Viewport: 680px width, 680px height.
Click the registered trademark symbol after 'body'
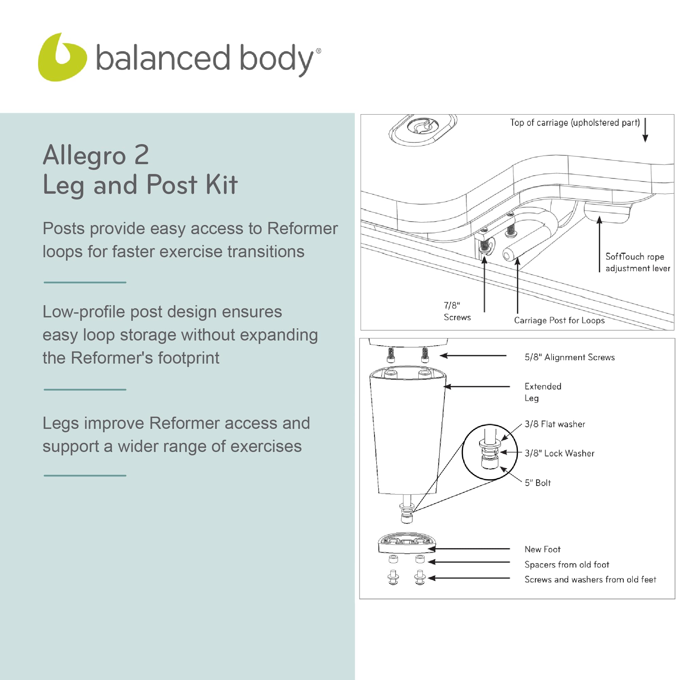click(318, 51)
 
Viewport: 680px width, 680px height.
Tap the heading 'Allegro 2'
click(96, 155)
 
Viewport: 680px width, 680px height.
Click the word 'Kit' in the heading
click(221, 185)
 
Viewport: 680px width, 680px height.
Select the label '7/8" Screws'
click(457, 311)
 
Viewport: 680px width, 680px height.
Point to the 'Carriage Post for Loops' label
click(559, 320)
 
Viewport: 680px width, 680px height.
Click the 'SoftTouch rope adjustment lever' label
click(638, 262)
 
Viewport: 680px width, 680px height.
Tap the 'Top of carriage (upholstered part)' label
click(575, 122)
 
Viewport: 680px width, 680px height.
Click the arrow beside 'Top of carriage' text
click(645, 130)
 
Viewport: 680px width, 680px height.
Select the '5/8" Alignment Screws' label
click(570, 357)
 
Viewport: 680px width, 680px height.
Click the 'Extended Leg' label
click(542, 392)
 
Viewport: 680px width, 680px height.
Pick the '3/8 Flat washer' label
click(555, 424)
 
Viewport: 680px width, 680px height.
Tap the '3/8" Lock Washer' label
click(559, 453)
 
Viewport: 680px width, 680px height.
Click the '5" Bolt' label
click(538, 483)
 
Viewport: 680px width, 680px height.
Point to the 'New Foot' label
click(542, 550)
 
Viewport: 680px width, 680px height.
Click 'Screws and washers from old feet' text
click(590, 579)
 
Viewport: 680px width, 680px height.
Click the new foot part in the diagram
click(407, 543)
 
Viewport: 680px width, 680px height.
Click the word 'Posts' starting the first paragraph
click(64, 228)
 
